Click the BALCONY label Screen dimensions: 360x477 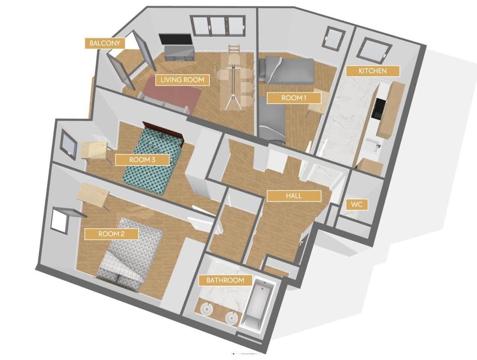(105, 43)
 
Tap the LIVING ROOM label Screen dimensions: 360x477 (182, 79)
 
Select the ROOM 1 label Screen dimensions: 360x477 (294, 98)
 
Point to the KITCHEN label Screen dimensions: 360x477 (373, 71)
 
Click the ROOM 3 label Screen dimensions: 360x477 (143, 160)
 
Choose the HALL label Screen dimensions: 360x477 (294, 196)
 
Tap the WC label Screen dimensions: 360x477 (356, 204)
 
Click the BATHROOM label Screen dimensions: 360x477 (226, 280)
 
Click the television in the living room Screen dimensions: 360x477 (175, 40)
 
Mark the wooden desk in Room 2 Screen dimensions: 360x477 (92, 195)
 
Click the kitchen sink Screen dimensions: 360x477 (371, 144)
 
